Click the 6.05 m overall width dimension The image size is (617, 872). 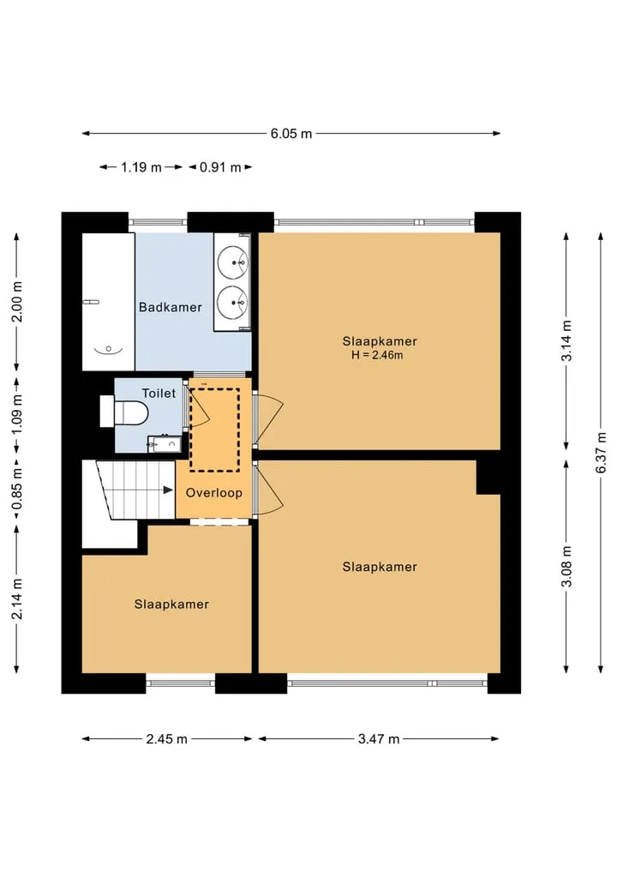[x=291, y=134]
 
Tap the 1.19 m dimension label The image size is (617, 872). [x=141, y=167]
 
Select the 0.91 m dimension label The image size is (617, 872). [x=220, y=167]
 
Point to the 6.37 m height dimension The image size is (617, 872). [x=601, y=453]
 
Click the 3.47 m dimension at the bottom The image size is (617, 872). [x=379, y=739]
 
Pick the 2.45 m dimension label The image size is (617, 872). [x=167, y=739]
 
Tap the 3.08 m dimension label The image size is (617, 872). [x=566, y=566]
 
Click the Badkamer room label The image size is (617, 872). [x=170, y=307]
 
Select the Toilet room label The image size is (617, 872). [x=159, y=394]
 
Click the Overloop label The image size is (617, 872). [x=214, y=493]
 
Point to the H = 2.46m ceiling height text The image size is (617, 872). [x=377, y=355]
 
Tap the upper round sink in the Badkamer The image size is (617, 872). [x=232, y=262]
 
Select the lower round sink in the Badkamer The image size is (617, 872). [x=232, y=302]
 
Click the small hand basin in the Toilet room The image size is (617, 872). [x=165, y=444]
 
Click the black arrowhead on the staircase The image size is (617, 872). [x=168, y=490]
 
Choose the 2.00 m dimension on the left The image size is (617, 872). [x=16, y=302]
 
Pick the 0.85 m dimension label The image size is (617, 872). [x=16, y=488]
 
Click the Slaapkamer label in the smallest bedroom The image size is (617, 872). [x=171, y=604]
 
